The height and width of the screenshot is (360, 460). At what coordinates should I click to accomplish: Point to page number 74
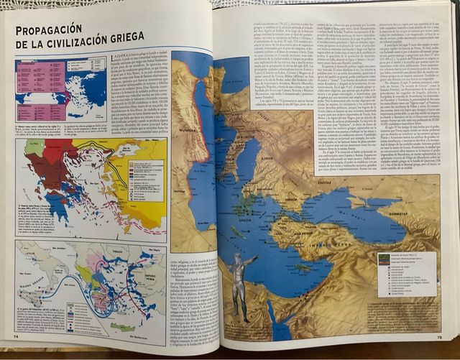coord(15,335)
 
